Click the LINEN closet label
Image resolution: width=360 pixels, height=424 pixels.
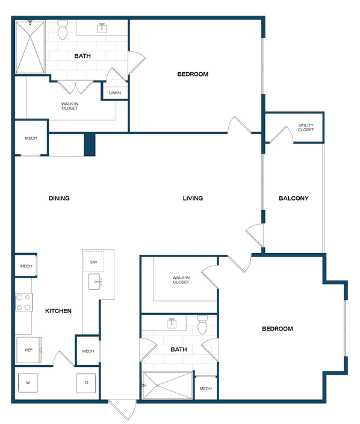point(115,93)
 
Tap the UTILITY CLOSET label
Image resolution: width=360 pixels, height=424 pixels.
point(306,127)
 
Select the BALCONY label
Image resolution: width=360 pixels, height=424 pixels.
point(294,198)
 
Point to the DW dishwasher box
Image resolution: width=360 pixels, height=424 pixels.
point(93,261)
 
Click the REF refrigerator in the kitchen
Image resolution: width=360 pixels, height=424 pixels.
point(29,350)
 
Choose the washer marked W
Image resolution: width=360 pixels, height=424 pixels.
point(28,382)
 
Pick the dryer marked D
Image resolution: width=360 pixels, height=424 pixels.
point(86,383)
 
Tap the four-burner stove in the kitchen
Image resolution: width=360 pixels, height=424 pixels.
point(24,302)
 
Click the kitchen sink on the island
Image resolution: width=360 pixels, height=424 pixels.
point(95,281)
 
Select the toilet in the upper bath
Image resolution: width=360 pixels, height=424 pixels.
point(63,30)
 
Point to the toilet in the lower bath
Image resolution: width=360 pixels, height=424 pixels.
point(202,325)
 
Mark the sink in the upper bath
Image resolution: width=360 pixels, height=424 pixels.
point(102,28)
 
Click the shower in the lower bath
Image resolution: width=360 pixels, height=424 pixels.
point(167,385)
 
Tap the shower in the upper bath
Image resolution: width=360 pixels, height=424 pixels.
point(30,48)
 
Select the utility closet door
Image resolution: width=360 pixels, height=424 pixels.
point(281,134)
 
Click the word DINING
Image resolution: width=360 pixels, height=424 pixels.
point(59,198)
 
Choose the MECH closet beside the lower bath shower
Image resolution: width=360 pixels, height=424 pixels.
point(206,388)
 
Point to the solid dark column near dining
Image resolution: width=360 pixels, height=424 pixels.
point(90,145)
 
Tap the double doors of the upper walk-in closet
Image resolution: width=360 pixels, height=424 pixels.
point(75,87)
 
